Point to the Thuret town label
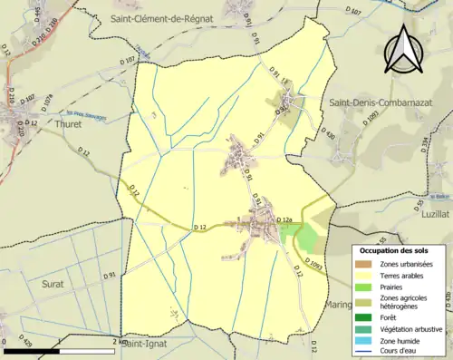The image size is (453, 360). coord(67,124)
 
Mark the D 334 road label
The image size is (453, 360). coord(424,143)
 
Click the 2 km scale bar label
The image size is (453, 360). coord(119,342)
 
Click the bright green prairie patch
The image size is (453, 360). coord(307,238)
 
